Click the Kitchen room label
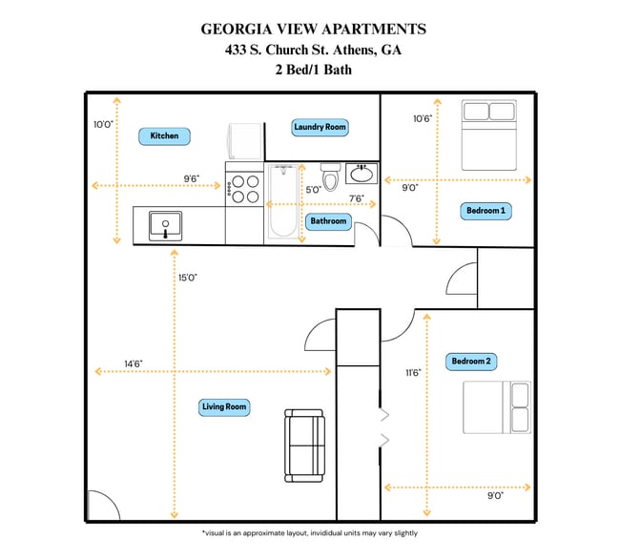pos(164,135)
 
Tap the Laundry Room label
pos(320,127)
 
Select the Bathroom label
pos(328,221)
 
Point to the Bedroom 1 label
pos(486,210)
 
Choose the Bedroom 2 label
pos(471,362)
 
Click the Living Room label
pos(224,407)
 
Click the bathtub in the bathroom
pos(280,201)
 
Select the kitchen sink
pos(165,225)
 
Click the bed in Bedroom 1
pos(487,135)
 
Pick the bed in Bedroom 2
pos(496,407)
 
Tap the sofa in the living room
pos(305,446)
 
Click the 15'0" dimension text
pos(186,278)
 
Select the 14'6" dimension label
pos(134,363)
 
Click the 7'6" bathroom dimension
pos(357,198)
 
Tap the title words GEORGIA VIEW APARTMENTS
pos(313,30)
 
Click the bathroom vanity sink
pos(362,175)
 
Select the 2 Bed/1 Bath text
pos(313,70)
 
